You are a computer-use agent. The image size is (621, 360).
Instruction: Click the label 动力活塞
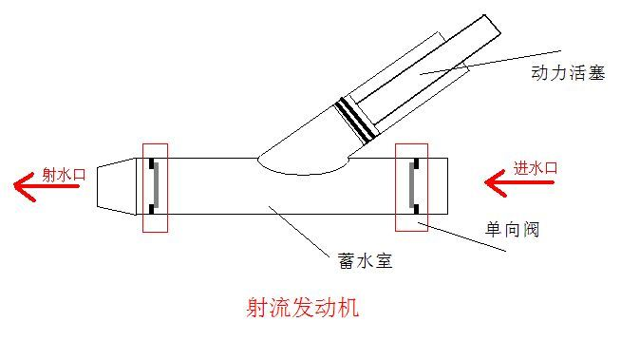[x=568, y=72]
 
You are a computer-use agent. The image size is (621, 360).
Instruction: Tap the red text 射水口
[x=65, y=175]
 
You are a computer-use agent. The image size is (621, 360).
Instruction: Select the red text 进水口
[x=536, y=168]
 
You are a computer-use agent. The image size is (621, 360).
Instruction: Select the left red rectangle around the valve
[x=154, y=187]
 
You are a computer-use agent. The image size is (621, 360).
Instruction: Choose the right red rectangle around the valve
[x=411, y=187]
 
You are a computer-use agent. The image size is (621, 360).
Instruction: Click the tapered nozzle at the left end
[x=115, y=185]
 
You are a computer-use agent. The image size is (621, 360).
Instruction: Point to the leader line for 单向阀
[x=465, y=238]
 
